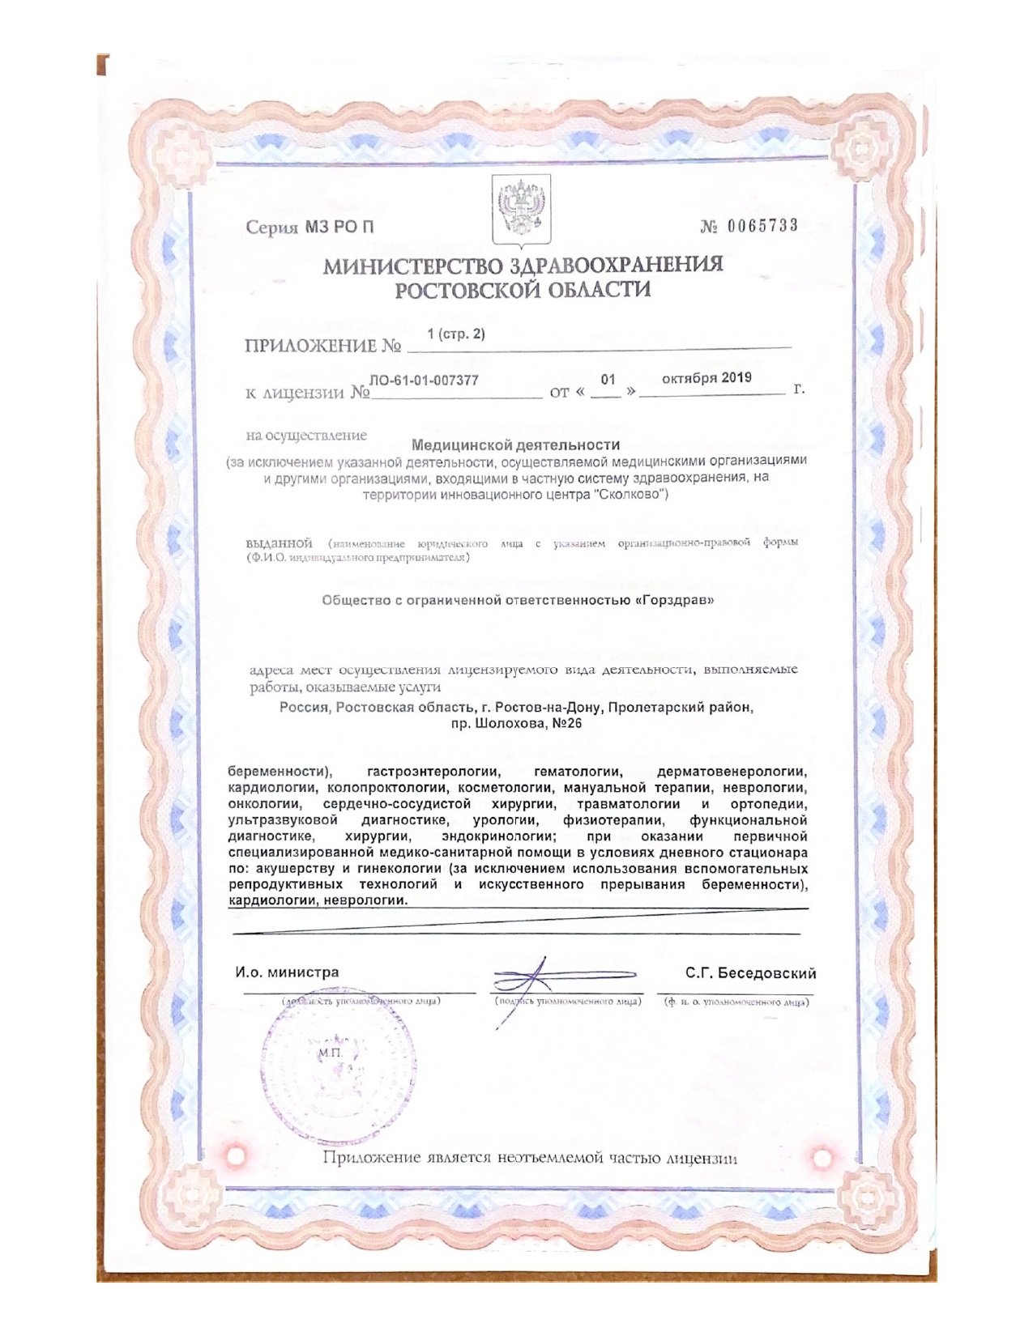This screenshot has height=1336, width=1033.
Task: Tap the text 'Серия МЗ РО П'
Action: pyautogui.click(x=310, y=228)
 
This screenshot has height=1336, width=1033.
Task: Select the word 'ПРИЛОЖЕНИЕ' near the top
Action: pyautogui.click(x=311, y=346)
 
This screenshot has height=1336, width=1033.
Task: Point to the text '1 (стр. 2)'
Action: pyautogui.click(x=456, y=334)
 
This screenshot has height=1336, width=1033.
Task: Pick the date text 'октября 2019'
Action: pyautogui.click(x=706, y=377)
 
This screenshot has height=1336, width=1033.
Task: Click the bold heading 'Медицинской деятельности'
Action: pyautogui.click(x=515, y=445)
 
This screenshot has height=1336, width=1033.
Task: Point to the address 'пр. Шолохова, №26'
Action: pyautogui.click(x=516, y=723)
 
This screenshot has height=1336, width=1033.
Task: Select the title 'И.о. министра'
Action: pyautogui.click(x=288, y=972)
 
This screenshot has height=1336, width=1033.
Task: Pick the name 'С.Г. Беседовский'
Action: pyautogui.click(x=750, y=973)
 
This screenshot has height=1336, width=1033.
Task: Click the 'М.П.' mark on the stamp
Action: pyautogui.click(x=331, y=1051)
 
